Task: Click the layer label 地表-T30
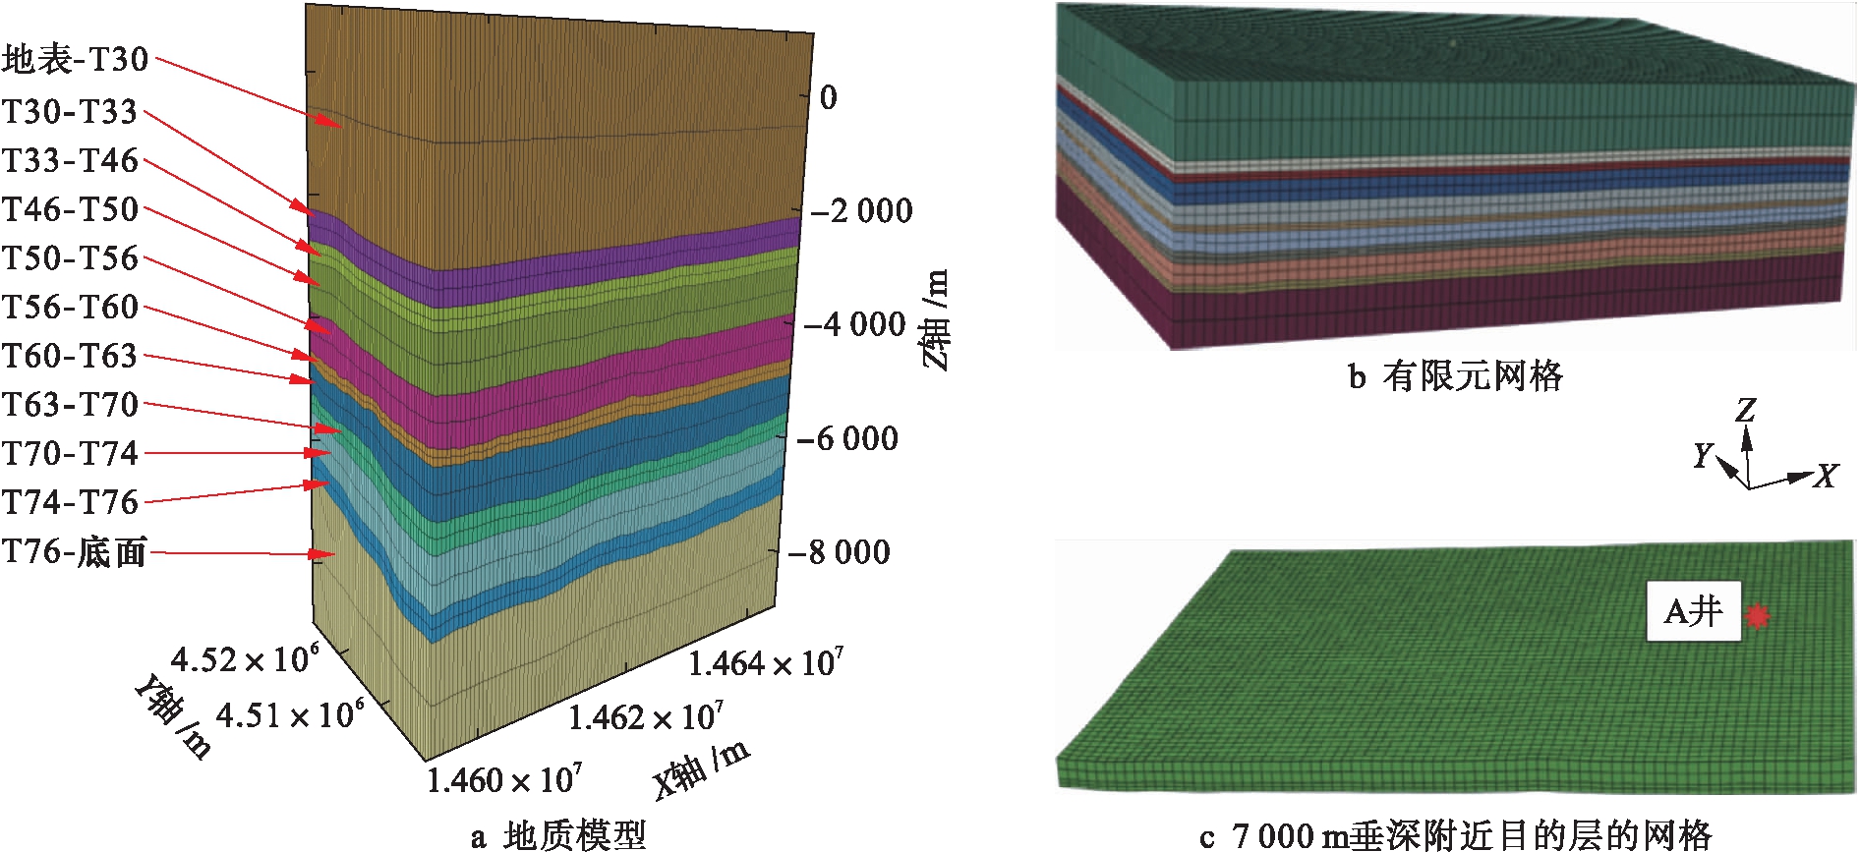pos(75,60)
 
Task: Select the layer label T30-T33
pos(70,112)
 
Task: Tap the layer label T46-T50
pos(70,209)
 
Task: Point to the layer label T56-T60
pos(70,307)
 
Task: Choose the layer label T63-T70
pos(70,404)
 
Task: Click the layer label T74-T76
pos(70,502)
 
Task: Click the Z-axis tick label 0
pos(829,97)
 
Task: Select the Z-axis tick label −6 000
pos(847,438)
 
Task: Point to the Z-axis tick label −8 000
pos(840,552)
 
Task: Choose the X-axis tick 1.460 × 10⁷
pos(504,780)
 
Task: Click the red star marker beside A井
pos(1758,616)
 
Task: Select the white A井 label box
pos(1694,612)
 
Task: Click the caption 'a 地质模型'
pos(558,836)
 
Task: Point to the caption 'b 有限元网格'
pos(1455,376)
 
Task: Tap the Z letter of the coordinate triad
pos(1746,409)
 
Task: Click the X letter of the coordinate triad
pos(1827,477)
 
